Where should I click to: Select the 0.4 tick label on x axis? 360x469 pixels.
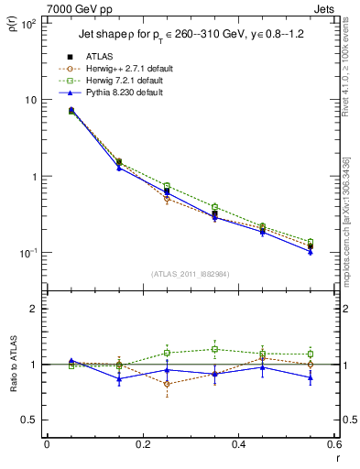pos(238,446)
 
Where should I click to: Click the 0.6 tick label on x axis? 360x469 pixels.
pos(332,446)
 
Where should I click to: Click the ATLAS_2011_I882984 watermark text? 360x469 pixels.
pos(191,274)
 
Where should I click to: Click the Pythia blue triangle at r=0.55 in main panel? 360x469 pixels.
pos(311,252)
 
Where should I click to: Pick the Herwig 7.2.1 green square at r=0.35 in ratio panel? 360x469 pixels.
pos(214,349)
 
